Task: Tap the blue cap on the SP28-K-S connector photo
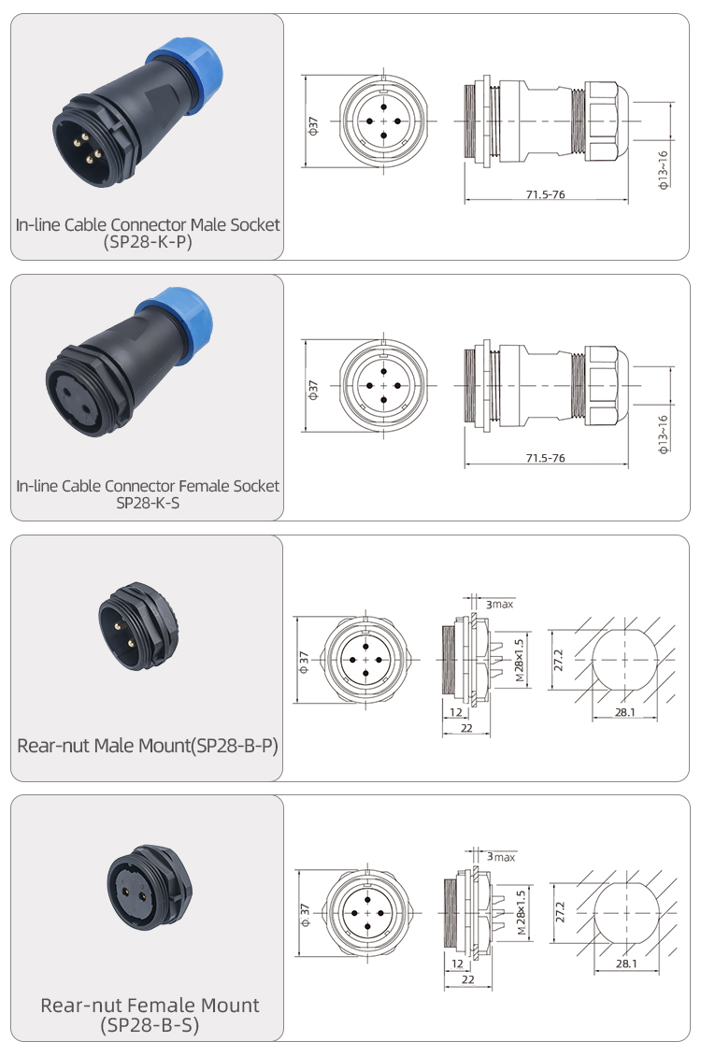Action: click(179, 321)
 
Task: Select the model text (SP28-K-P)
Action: click(148, 242)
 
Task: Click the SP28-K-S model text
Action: click(148, 503)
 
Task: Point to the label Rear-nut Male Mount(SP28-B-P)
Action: click(148, 746)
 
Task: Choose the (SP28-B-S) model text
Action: click(150, 1025)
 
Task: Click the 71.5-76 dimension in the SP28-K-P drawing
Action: click(545, 194)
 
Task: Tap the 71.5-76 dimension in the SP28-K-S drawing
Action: click(545, 458)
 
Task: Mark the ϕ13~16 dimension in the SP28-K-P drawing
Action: click(663, 170)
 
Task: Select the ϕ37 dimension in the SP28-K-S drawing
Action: click(313, 390)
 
